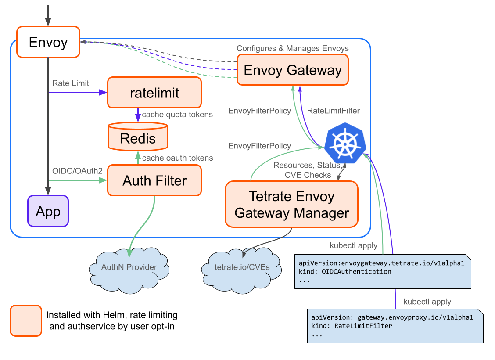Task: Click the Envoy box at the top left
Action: coord(48,42)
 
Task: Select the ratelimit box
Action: coord(154,93)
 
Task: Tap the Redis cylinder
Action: coord(138,139)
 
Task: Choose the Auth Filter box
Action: coord(154,180)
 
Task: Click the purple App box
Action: coord(48,211)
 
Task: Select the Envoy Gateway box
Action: coord(292,70)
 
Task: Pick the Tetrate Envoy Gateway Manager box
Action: coord(291,205)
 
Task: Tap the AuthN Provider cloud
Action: coord(129,267)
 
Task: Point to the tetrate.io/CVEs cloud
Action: coord(242,267)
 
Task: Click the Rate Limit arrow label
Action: coord(70,83)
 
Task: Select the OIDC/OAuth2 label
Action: coord(77,170)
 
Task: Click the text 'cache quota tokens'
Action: coord(177,115)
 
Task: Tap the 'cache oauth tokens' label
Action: coord(178,158)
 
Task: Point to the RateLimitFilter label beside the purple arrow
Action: coord(333,111)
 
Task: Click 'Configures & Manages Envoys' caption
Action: coord(293,48)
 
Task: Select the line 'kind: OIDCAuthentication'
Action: coord(345,271)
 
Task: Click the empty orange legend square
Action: coord(26,321)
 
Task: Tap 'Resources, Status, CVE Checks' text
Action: coord(307,170)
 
